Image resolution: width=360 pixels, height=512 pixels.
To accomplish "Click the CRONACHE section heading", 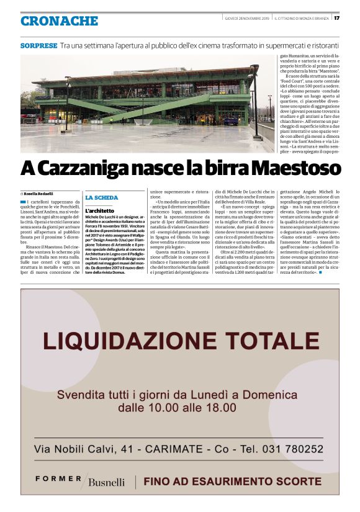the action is click(x=60, y=21).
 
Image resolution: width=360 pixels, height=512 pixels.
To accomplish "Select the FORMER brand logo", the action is click(x=58, y=478).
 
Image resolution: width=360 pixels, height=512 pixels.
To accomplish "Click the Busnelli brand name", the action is click(x=107, y=482).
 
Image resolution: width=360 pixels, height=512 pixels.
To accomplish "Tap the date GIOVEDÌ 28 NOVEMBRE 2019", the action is click(x=246, y=17).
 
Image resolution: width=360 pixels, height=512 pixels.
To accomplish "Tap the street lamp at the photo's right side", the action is click(x=254, y=99).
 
